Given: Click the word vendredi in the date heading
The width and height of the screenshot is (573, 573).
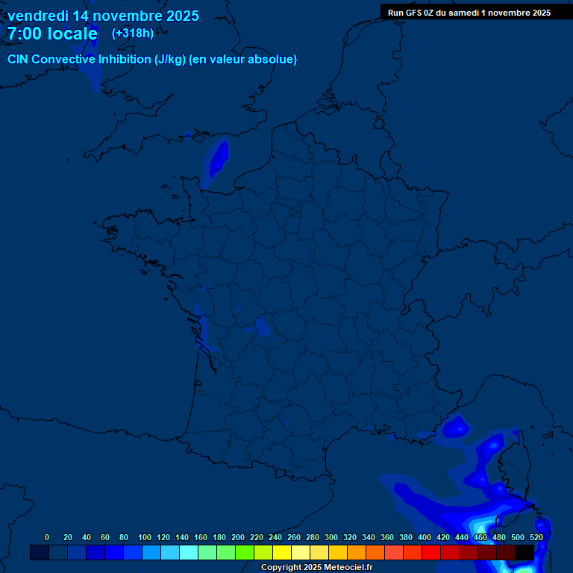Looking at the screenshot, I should point(37,15).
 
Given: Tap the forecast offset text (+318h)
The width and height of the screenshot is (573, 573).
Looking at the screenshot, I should point(132,34).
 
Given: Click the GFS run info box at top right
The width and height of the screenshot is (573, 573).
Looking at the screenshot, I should point(469,12).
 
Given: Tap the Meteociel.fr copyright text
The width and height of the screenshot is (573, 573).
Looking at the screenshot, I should point(316,567).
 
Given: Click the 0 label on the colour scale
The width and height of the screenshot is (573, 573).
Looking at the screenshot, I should point(47,537).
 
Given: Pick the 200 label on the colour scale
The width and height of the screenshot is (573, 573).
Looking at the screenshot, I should point(238,537).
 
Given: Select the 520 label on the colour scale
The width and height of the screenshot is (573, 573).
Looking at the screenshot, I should point(536,537).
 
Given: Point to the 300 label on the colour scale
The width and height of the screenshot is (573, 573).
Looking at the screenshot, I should point(331,537).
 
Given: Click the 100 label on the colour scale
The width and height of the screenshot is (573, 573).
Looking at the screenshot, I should point(145,537).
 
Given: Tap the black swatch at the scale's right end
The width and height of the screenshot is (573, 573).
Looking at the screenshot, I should point(525,552).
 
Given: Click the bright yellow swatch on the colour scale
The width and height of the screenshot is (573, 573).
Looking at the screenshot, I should point(282,552).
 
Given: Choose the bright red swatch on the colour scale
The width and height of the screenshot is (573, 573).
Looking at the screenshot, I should point(431,552).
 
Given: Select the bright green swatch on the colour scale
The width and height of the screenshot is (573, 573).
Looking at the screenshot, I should point(245,552).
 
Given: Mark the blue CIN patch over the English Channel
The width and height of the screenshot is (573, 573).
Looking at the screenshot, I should point(218,160).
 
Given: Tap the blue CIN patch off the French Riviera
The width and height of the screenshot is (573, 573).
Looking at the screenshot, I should point(455,428).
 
